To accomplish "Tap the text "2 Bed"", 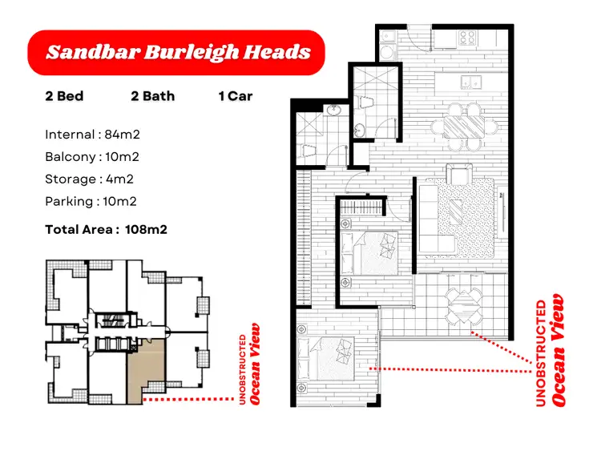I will (x=64, y=96).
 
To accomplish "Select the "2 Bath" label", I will (x=152, y=96).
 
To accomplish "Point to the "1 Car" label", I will (x=235, y=96).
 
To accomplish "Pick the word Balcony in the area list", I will (x=68, y=157).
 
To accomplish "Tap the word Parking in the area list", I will (x=68, y=202).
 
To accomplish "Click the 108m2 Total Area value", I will (x=146, y=230).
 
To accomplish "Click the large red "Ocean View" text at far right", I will (x=558, y=352).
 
